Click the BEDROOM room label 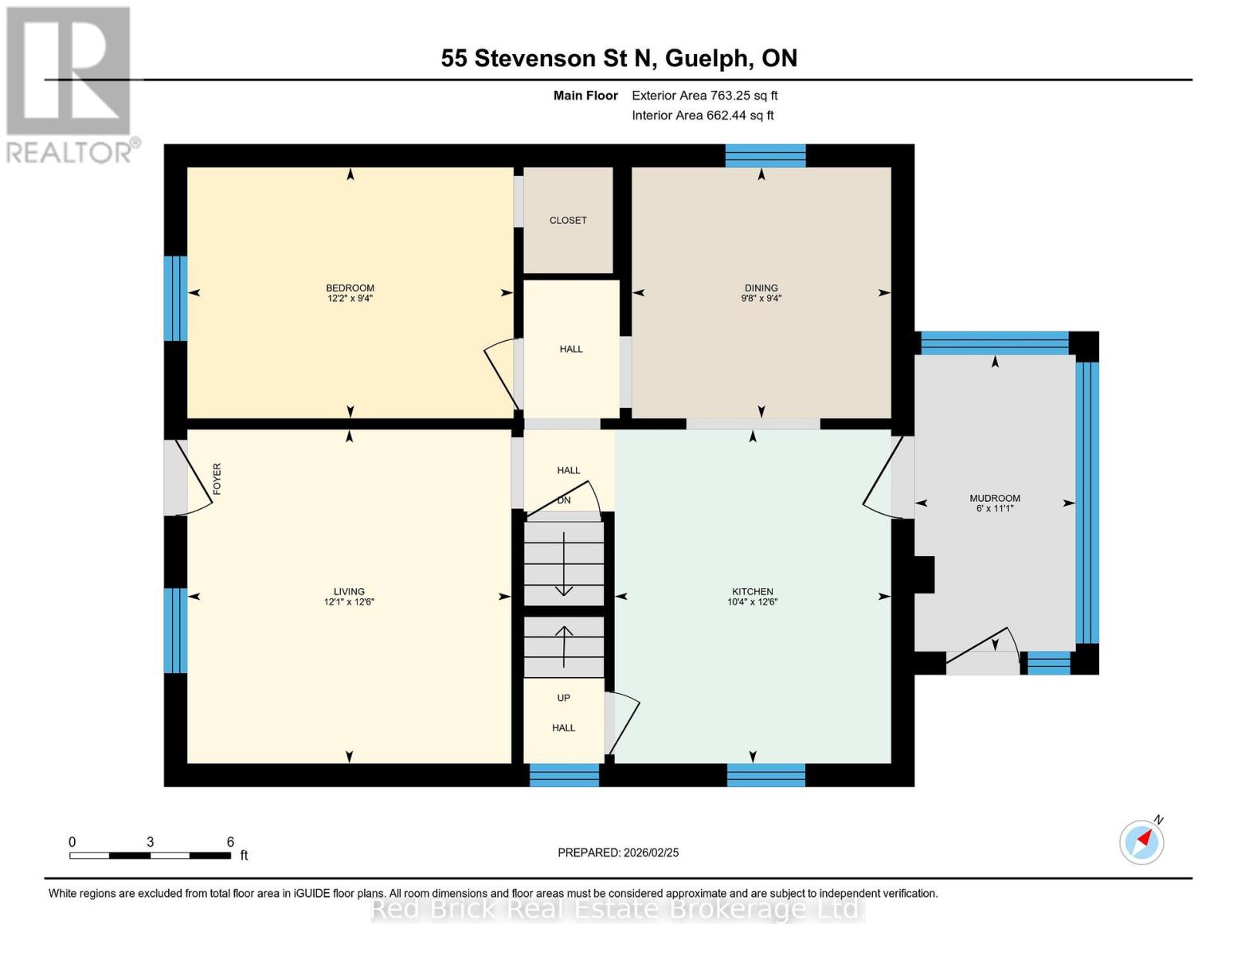click(350, 288)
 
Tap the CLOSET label click(568, 221)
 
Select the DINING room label click(761, 288)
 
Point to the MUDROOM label click(994, 499)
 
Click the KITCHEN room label click(752, 592)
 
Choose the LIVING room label click(349, 592)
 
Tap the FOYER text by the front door click(217, 479)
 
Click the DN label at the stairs click(564, 500)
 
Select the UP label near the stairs click(563, 698)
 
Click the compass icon click(1141, 842)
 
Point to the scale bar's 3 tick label click(150, 842)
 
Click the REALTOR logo click(70, 84)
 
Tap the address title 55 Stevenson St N click(619, 58)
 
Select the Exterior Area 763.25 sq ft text click(704, 96)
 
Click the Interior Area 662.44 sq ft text click(703, 116)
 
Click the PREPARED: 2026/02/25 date click(618, 852)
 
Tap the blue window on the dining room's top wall click(765, 155)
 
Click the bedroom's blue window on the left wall click(175, 298)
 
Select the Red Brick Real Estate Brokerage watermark click(618, 909)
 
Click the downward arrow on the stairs click(563, 566)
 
